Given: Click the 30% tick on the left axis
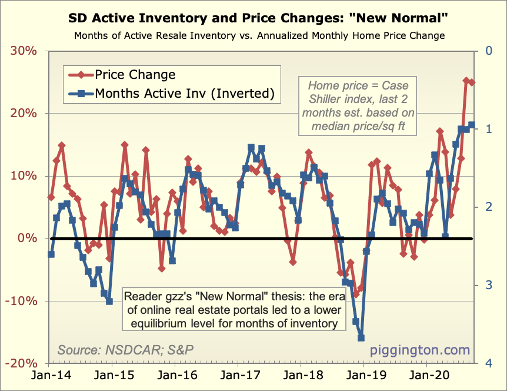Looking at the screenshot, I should point(24,51).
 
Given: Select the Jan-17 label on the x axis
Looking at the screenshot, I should point(238,375).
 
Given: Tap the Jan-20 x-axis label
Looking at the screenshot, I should point(426,375).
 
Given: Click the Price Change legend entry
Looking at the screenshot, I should point(135,75).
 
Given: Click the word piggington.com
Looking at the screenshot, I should point(420,350).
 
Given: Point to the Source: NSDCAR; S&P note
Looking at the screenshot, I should point(125,350).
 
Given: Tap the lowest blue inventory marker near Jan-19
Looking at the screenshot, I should point(361,338).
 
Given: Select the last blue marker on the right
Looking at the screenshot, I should point(472,125).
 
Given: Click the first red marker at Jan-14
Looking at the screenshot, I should point(51,197).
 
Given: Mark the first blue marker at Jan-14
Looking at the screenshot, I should point(51,254).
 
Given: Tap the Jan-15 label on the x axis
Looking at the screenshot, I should point(112,375).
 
